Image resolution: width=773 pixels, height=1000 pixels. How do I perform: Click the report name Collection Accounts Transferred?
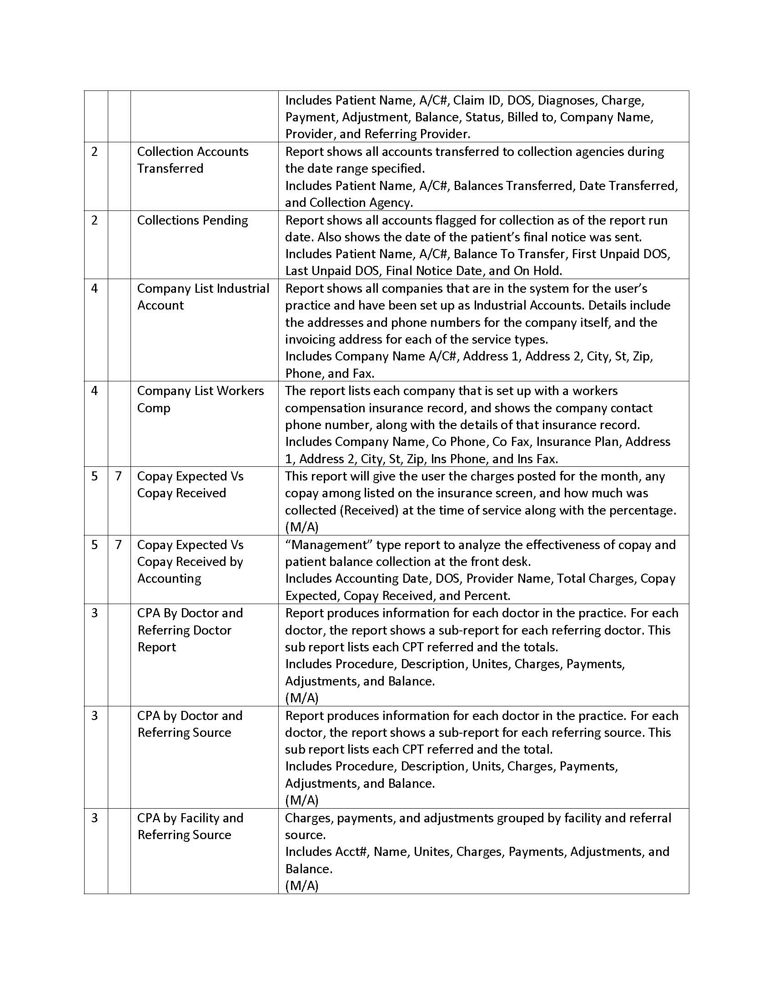(192, 160)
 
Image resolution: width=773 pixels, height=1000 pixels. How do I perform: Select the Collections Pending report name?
(192, 220)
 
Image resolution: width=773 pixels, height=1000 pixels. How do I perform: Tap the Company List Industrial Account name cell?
(203, 297)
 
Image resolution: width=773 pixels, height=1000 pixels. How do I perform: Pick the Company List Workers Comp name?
(200, 399)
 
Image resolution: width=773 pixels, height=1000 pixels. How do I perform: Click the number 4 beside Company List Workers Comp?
(94, 390)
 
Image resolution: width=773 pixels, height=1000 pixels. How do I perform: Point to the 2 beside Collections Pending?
(94, 220)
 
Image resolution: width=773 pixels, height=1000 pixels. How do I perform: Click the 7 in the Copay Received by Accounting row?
(119, 545)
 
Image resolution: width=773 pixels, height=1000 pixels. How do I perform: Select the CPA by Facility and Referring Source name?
(190, 826)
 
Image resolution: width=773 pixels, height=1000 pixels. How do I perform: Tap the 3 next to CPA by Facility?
(94, 818)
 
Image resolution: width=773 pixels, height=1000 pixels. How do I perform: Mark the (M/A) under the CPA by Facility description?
(301, 885)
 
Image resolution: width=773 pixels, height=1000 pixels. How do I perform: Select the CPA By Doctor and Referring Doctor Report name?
(190, 630)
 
